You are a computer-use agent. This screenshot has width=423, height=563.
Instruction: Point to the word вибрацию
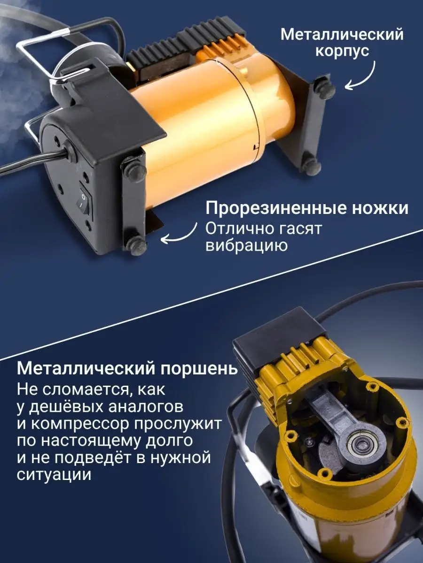[x=247, y=245]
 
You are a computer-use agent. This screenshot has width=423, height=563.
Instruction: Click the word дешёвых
[x=65, y=408]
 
